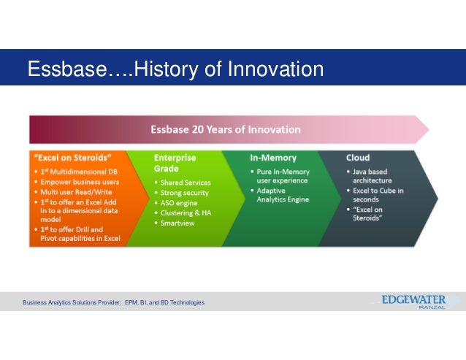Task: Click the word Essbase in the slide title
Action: coord(67,69)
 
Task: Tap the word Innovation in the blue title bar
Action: coord(275,69)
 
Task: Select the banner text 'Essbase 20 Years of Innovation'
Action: coord(226,129)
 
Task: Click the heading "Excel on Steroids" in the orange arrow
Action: coord(73,158)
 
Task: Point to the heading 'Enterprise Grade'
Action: coord(175,163)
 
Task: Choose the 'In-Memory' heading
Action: coord(273,158)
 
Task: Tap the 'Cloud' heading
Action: coord(358,158)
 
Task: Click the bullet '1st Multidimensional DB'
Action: coord(79,172)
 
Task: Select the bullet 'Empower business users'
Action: coord(80,182)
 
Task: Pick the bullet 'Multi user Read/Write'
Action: coord(76,192)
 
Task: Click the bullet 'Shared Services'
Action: coord(186,183)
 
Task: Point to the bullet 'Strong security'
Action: coord(185,193)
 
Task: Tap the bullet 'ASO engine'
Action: coord(179,203)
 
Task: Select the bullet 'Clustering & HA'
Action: coord(186,213)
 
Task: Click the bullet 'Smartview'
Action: coord(177,223)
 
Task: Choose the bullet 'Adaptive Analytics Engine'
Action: coord(283,195)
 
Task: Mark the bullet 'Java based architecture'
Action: coord(372,176)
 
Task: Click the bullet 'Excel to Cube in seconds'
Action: coord(378,195)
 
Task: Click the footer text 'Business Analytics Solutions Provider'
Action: coord(72,302)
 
